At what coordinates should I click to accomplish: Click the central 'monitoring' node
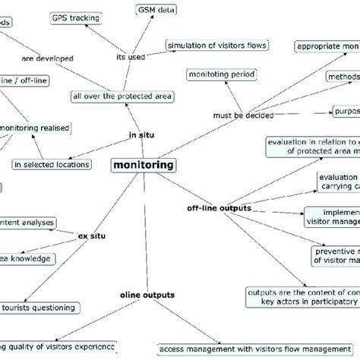tap(143, 165)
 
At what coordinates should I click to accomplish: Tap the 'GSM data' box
tap(157, 9)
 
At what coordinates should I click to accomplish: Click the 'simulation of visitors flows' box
tap(216, 46)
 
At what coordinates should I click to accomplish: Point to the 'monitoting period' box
tap(221, 74)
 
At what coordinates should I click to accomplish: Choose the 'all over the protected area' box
tap(122, 96)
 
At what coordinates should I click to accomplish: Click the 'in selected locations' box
tap(52, 163)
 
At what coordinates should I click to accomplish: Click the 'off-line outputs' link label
tap(219, 207)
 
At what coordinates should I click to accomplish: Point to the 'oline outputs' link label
tap(147, 294)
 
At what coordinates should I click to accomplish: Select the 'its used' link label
tap(131, 55)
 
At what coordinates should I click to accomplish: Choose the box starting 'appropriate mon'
tap(327, 46)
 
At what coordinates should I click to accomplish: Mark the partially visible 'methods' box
tap(343, 77)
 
